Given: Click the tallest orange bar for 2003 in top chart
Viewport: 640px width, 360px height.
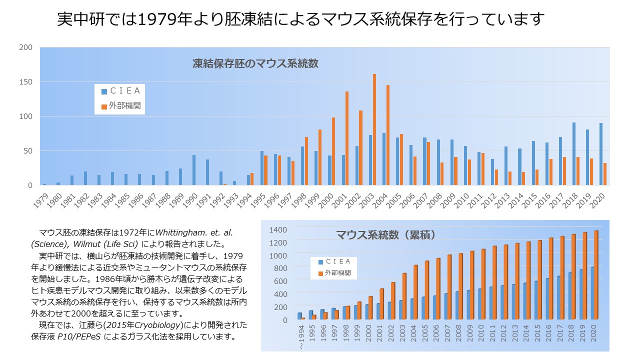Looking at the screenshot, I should pyautogui.click(x=374, y=130).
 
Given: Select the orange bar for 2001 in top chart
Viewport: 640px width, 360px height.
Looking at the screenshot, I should pyautogui.click(x=347, y=138).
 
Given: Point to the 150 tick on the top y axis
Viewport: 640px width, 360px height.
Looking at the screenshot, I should pyautogui.click(x=26, y=82).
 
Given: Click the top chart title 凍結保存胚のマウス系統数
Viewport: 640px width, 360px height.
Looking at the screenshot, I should pyautogui.click(x=255, y=63).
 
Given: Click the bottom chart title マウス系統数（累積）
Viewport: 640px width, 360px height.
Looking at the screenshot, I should pyautogui.click(x=385, y=234).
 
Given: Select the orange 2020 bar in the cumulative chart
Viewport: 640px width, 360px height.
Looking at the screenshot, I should pyautogui.click(x=596, y=274).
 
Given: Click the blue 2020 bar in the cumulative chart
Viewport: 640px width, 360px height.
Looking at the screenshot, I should pyautogui.click(x=592, y=292).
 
